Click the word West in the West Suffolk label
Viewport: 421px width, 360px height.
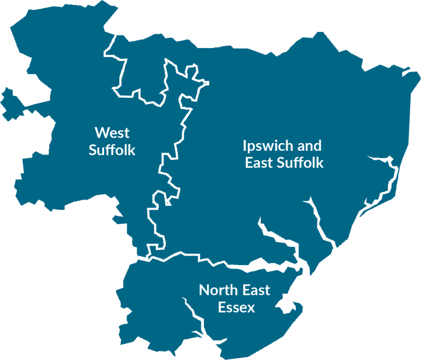pyautogui.click(x=112, y=132)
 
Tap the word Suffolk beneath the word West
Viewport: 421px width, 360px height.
pyautogui.click(x=112, y=150)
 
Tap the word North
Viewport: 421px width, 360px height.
pyautogui.click(x=218, y=291)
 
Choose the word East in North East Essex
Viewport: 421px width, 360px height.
pyautogui.click(x=256, y=291)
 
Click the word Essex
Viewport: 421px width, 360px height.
pyautogui.click(x=236, y=308)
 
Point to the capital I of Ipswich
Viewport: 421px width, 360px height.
pyautogui.click(x=245, y=146)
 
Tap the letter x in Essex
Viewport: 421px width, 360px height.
pyautogui.click(x=251, y=308)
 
